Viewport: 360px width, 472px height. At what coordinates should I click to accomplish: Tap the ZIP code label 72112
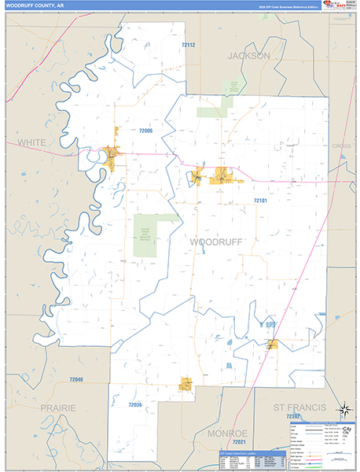(188, 46)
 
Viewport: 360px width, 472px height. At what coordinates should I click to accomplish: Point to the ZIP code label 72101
(260, 201)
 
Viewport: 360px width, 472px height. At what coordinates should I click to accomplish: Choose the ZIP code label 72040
(75, 380)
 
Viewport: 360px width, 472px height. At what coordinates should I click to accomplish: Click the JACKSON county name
(248, 56)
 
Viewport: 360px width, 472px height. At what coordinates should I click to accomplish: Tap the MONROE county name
(227, 433)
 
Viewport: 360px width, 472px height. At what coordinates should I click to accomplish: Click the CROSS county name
(341, 146)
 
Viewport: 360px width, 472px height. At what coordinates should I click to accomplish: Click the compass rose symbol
(343, 409)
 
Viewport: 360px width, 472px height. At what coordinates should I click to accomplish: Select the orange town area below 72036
(187, 384)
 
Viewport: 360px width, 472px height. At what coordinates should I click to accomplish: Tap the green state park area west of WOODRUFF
(146, 234)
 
